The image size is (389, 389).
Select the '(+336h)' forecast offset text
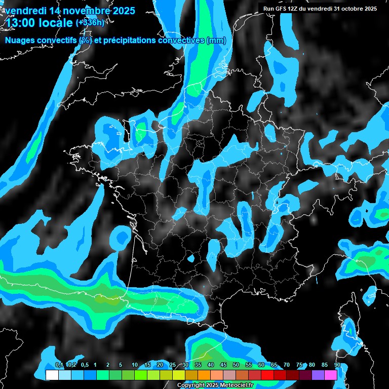(x=90, y=22)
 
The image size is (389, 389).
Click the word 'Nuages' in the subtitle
(x=20, y=41)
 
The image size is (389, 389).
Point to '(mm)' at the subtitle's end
(x=216, y=41)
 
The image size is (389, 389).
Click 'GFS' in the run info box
(x=284, y=9)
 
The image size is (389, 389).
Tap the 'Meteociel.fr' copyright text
(x=232, y=385)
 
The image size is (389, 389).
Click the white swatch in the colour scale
(x=52, y=375)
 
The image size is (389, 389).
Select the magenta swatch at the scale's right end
(x=331, y=375)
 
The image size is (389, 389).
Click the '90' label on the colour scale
(x=337, y=365)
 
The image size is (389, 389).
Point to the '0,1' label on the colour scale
(x=59, y=365)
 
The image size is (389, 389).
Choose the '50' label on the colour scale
(x=236, y=365)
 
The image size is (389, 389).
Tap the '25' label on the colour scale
(x=173, y=365)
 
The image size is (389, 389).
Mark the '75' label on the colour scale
(x=299, y=365)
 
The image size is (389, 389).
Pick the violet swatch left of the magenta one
(x=318, y=375)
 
